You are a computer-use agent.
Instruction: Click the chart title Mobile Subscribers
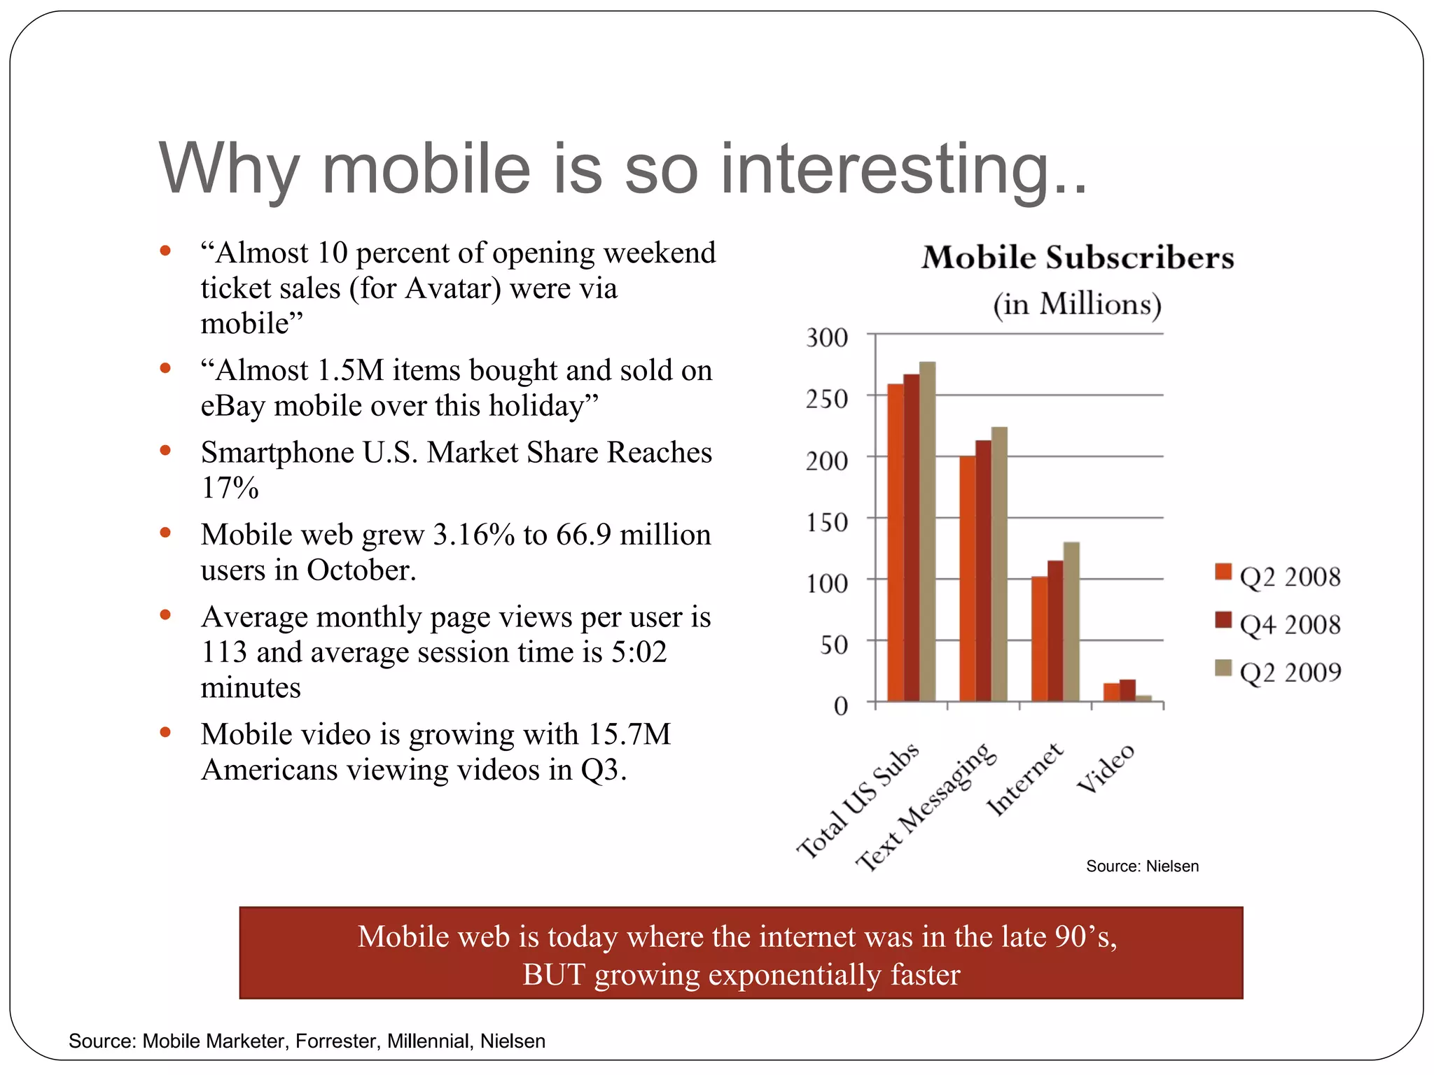1077,258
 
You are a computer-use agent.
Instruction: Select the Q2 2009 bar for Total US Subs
927,532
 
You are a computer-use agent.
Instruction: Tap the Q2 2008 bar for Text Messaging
967,579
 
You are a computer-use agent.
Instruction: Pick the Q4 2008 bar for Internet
1054,631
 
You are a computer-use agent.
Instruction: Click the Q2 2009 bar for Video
1143,698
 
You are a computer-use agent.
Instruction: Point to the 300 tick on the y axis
827,338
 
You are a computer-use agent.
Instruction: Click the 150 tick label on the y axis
827,522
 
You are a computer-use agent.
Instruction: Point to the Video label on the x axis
1106,768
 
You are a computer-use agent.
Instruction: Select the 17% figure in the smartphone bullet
230,488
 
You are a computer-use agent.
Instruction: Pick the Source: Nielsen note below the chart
1142,866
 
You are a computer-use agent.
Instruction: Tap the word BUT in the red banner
553,975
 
